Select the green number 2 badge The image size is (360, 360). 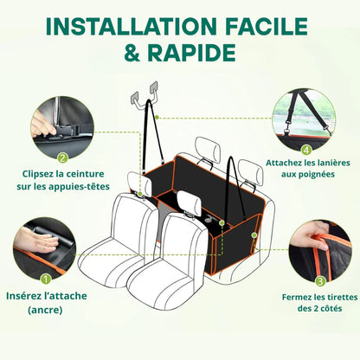click(62, 157)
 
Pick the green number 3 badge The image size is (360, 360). click(320, 280)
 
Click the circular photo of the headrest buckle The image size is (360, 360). click(59, 125)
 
